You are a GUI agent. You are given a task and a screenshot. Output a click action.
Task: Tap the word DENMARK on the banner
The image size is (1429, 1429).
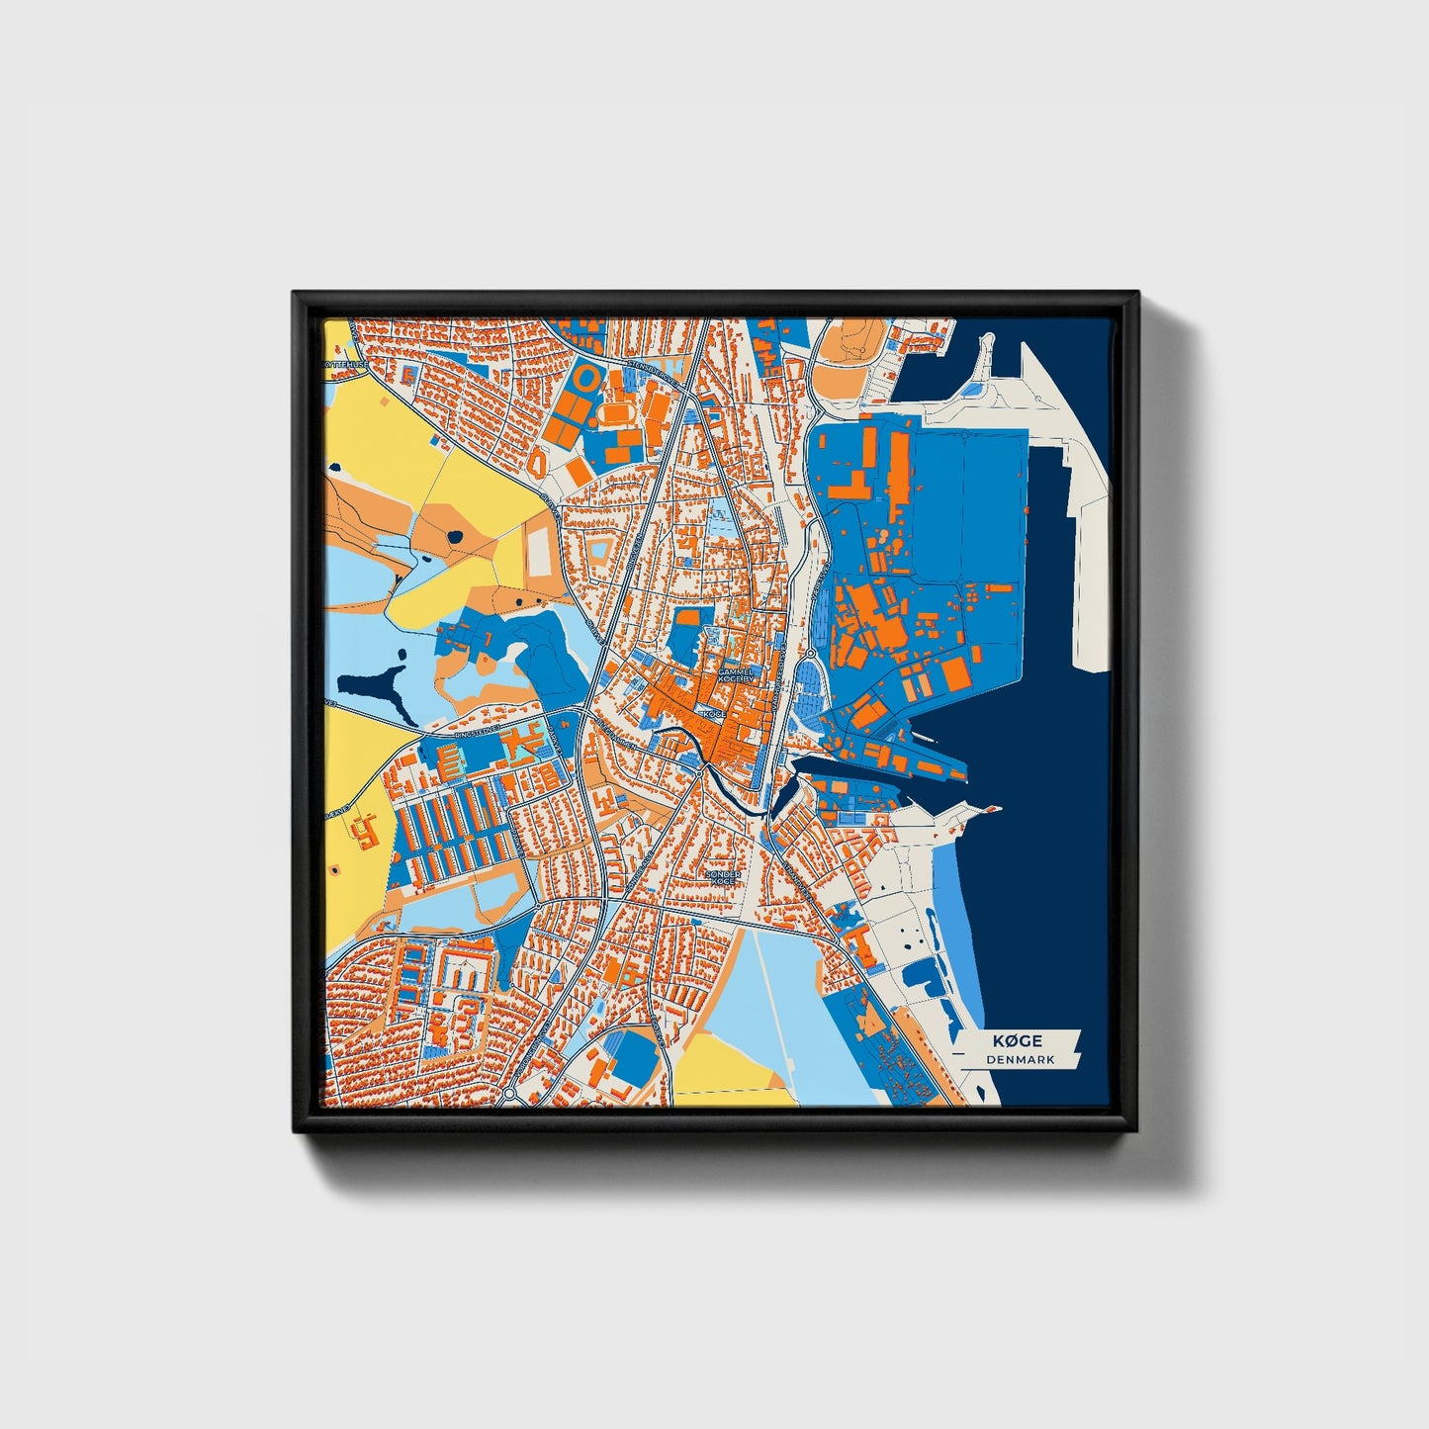(x=1020, y=1059)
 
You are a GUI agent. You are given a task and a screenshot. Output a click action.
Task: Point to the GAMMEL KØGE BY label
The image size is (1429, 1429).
(x=736, y=675)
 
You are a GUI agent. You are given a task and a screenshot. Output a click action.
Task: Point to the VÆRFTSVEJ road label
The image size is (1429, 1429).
(x=818, y=593)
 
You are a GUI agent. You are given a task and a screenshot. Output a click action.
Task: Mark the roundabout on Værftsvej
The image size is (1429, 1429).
(x=810, y=653)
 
